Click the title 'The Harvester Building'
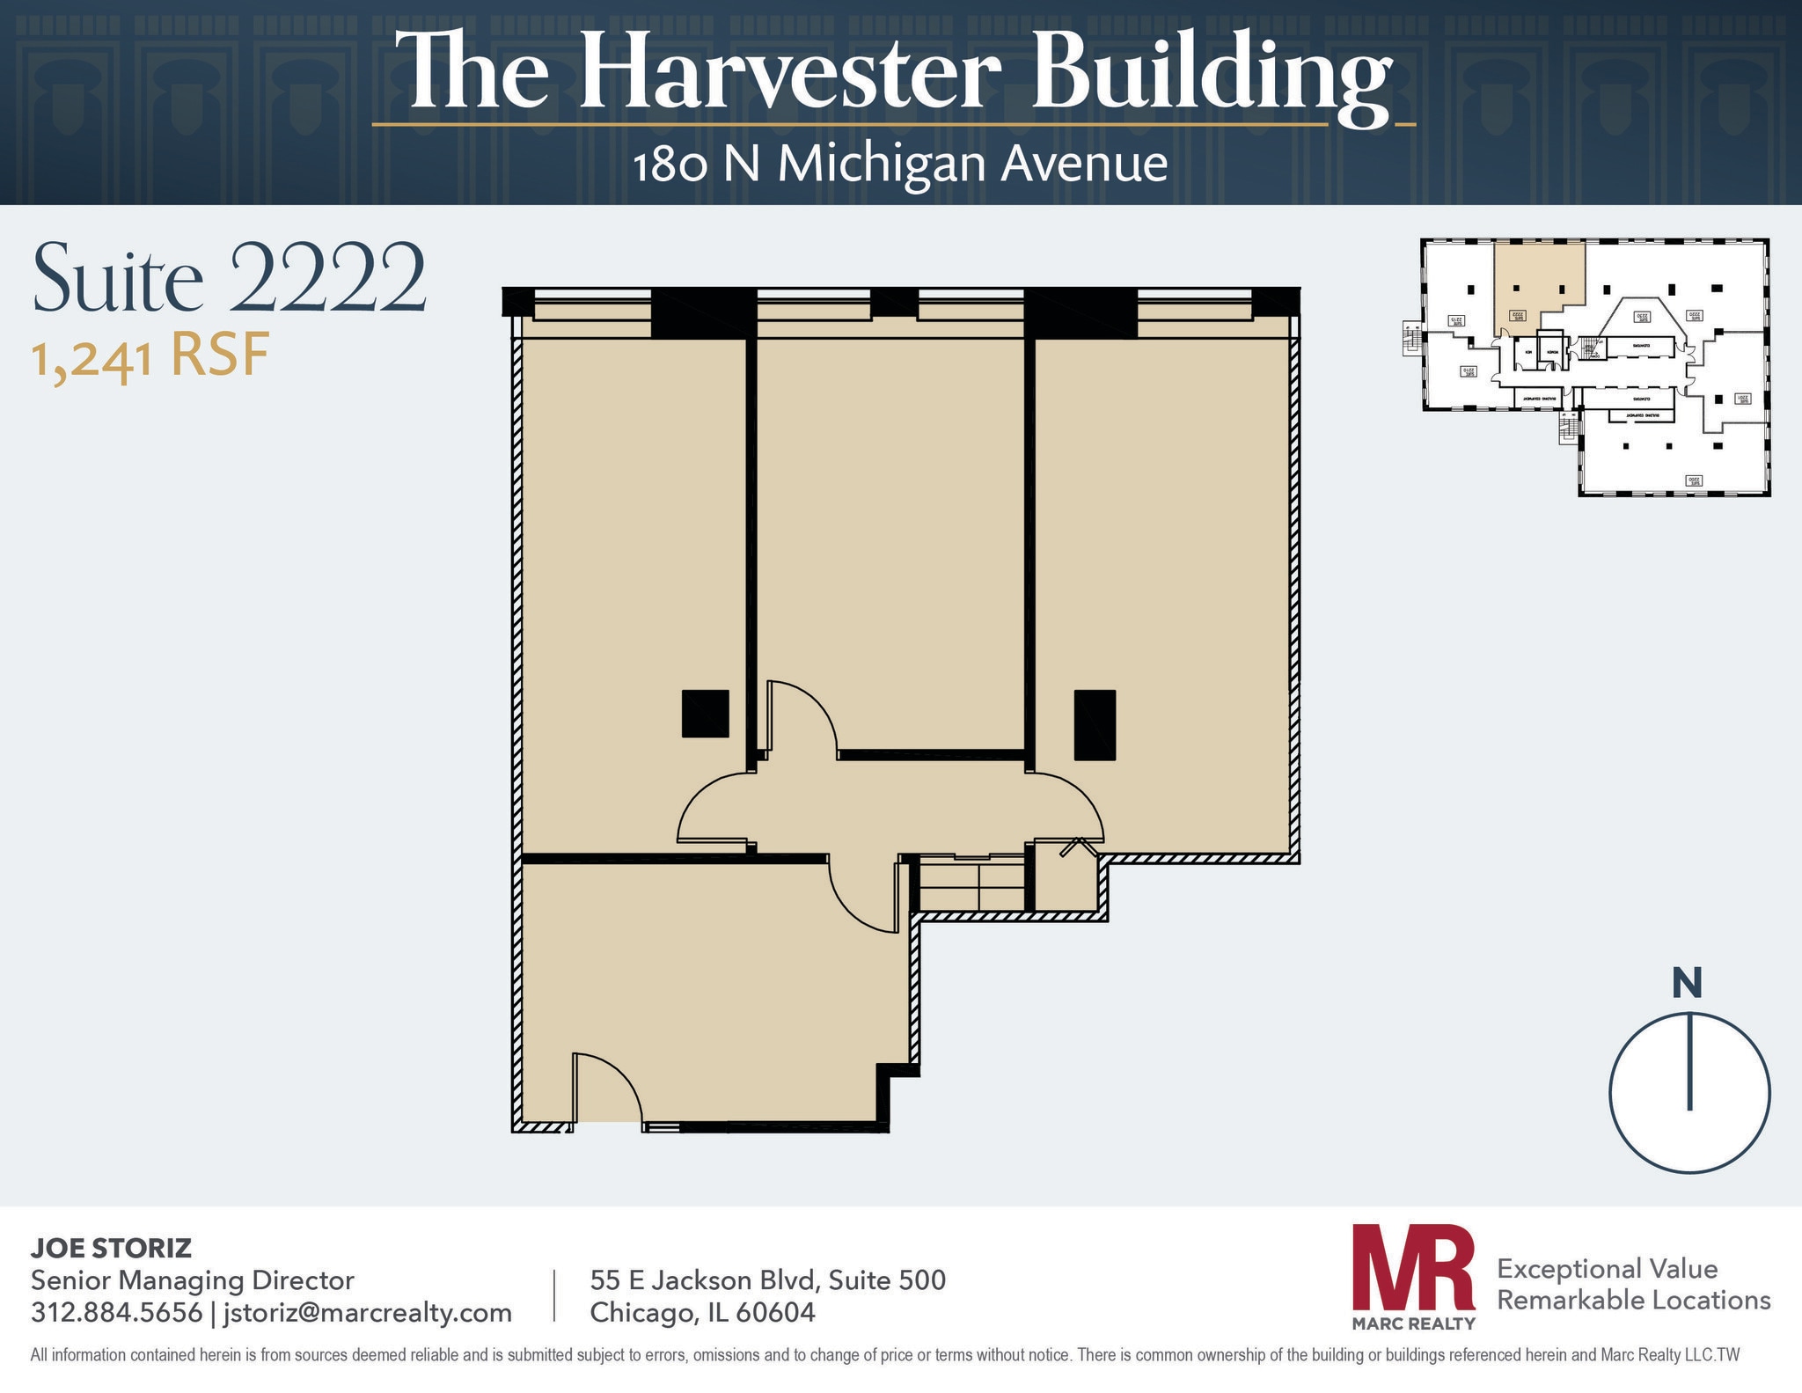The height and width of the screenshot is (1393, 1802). [894, 72]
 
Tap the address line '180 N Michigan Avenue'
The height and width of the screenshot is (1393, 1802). [900, 165]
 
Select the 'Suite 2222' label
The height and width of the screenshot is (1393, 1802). [229, 278]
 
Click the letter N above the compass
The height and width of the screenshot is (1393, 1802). [1686, 984]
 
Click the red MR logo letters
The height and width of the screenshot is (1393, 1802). [1413, 1266]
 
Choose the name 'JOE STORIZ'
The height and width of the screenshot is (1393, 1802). [111, 1248]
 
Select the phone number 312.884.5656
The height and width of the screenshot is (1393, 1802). [116, 1312]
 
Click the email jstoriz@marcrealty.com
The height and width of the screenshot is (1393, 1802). [367, 1312]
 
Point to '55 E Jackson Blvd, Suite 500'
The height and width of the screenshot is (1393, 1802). [767, 1279]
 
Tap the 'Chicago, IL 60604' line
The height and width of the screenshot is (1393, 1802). [702, 1312]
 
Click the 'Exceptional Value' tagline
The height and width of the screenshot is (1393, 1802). [1607, 1268]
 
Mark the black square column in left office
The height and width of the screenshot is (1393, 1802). [705, 713]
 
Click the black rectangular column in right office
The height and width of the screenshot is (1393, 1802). [1095, 724]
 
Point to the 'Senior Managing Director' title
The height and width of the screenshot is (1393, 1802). [192, 1279]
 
